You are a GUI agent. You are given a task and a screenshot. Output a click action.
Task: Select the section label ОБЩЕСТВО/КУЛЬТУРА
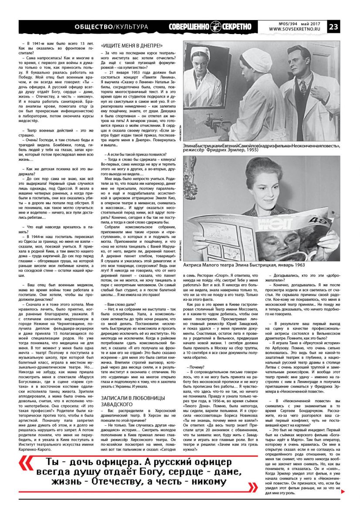pos(111,27)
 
